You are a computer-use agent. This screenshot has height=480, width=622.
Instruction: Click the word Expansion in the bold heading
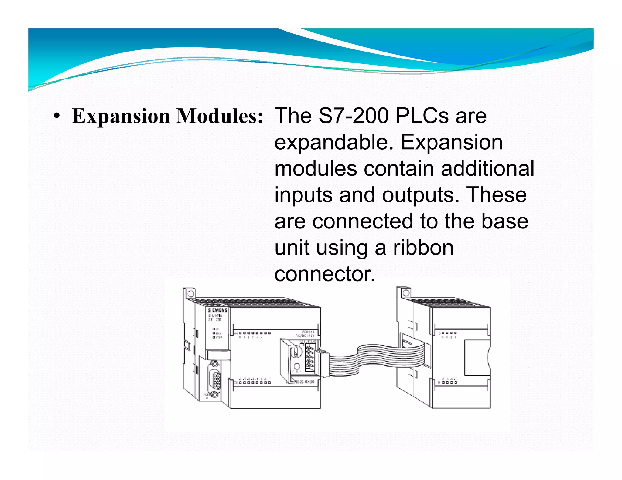click(x=121, y=116)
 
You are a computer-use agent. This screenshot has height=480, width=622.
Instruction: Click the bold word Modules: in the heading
click(x=220, y=116)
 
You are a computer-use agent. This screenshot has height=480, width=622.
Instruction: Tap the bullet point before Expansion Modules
click(x=56, y=116)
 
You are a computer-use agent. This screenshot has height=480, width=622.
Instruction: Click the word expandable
click(x=334, y=142)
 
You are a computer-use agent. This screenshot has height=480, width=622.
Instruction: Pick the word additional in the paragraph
click(x=487, y=168)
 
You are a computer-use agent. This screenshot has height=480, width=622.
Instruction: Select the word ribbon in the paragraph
click(x=423, y=248)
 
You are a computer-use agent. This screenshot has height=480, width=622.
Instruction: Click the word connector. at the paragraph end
click(x=325, y=274)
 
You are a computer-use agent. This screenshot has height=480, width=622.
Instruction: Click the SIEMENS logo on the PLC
click(x=217, y=310)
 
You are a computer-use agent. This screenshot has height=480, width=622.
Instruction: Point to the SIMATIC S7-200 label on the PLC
click(x=215, y=318)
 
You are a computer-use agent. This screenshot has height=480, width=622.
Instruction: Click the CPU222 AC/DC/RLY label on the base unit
click(x=305, y=334)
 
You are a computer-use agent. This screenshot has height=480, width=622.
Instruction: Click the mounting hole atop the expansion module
click(x=406, y=293)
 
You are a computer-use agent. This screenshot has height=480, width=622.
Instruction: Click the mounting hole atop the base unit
click(x=191, y=294)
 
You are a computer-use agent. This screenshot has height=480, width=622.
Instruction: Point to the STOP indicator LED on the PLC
click(x=214, y=337)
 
